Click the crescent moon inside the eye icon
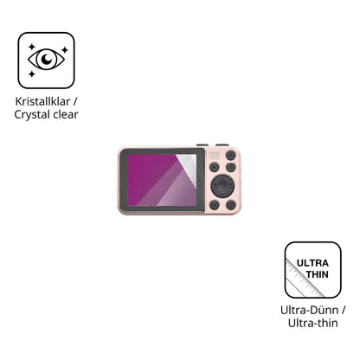pyautogui.click(x=46, y=59)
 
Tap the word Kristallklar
pyautogui.click(x=42, y=101)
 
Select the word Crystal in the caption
pyautogui.click(x=32, y=115)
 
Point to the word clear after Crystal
pyautogui.click(x=66, y=114)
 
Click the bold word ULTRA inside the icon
pyautogui.click(x=312, y=263)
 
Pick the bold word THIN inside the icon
pyautogui.click(x=317, y=274)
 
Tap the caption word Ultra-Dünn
pyautogui.click(x=309, y=311)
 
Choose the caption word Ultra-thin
pyautogui.click(x=313, y=323)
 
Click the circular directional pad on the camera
pyautogui.click(x=222, y=186)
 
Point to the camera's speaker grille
pyautogui.click(x=214, y=156)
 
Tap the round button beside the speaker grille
pyautogui.click(x=231, y=156)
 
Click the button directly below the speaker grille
pyautogui.click(x=214, y=167)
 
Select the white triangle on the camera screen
pyautogui.click(x=188, y=165)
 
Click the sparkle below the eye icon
pyautogui.click(x=32, y=74)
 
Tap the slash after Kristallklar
pyautogui.click(x=75, y=101)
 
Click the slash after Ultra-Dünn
pyautogui.click(x=343, y=311)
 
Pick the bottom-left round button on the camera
pyautogui.click(x=214, y=205)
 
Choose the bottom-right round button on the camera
pyautogui.click(x=231, y=205)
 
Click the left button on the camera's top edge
pyautogui.click(x=202, y=145)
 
